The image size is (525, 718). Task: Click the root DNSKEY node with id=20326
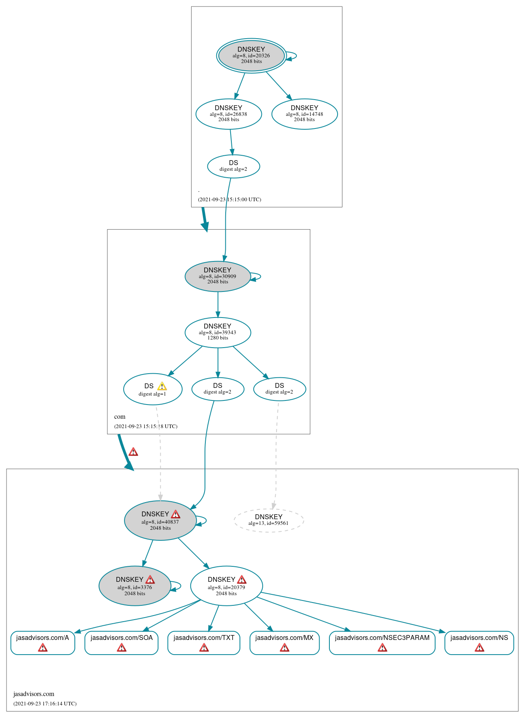[251, 56]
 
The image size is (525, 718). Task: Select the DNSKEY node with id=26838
[229, 114]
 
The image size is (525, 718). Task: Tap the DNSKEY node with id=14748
[304, 114]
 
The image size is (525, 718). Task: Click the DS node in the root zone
[233, 166]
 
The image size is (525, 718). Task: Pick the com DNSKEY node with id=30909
[218, 276]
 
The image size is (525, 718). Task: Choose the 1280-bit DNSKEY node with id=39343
[218, 332]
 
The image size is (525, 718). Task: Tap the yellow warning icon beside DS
[162, 386]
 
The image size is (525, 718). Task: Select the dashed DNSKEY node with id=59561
[268, 520]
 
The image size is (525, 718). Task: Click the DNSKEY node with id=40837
[160, 520]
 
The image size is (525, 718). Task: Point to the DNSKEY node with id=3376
[135, 586]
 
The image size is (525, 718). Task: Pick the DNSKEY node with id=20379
[227, 586]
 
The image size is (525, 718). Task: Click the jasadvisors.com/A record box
[43, 642]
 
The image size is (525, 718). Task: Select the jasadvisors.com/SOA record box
[121, 642]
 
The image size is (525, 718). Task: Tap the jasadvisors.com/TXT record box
[204, 642]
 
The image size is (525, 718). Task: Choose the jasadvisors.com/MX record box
[284, 642]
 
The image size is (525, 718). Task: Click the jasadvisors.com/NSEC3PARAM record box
[382, 642]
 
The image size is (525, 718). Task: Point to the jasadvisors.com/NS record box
[479, 642]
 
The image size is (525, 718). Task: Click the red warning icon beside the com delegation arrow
[133, 452]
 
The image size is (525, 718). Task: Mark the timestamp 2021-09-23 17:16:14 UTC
[45, 703]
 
